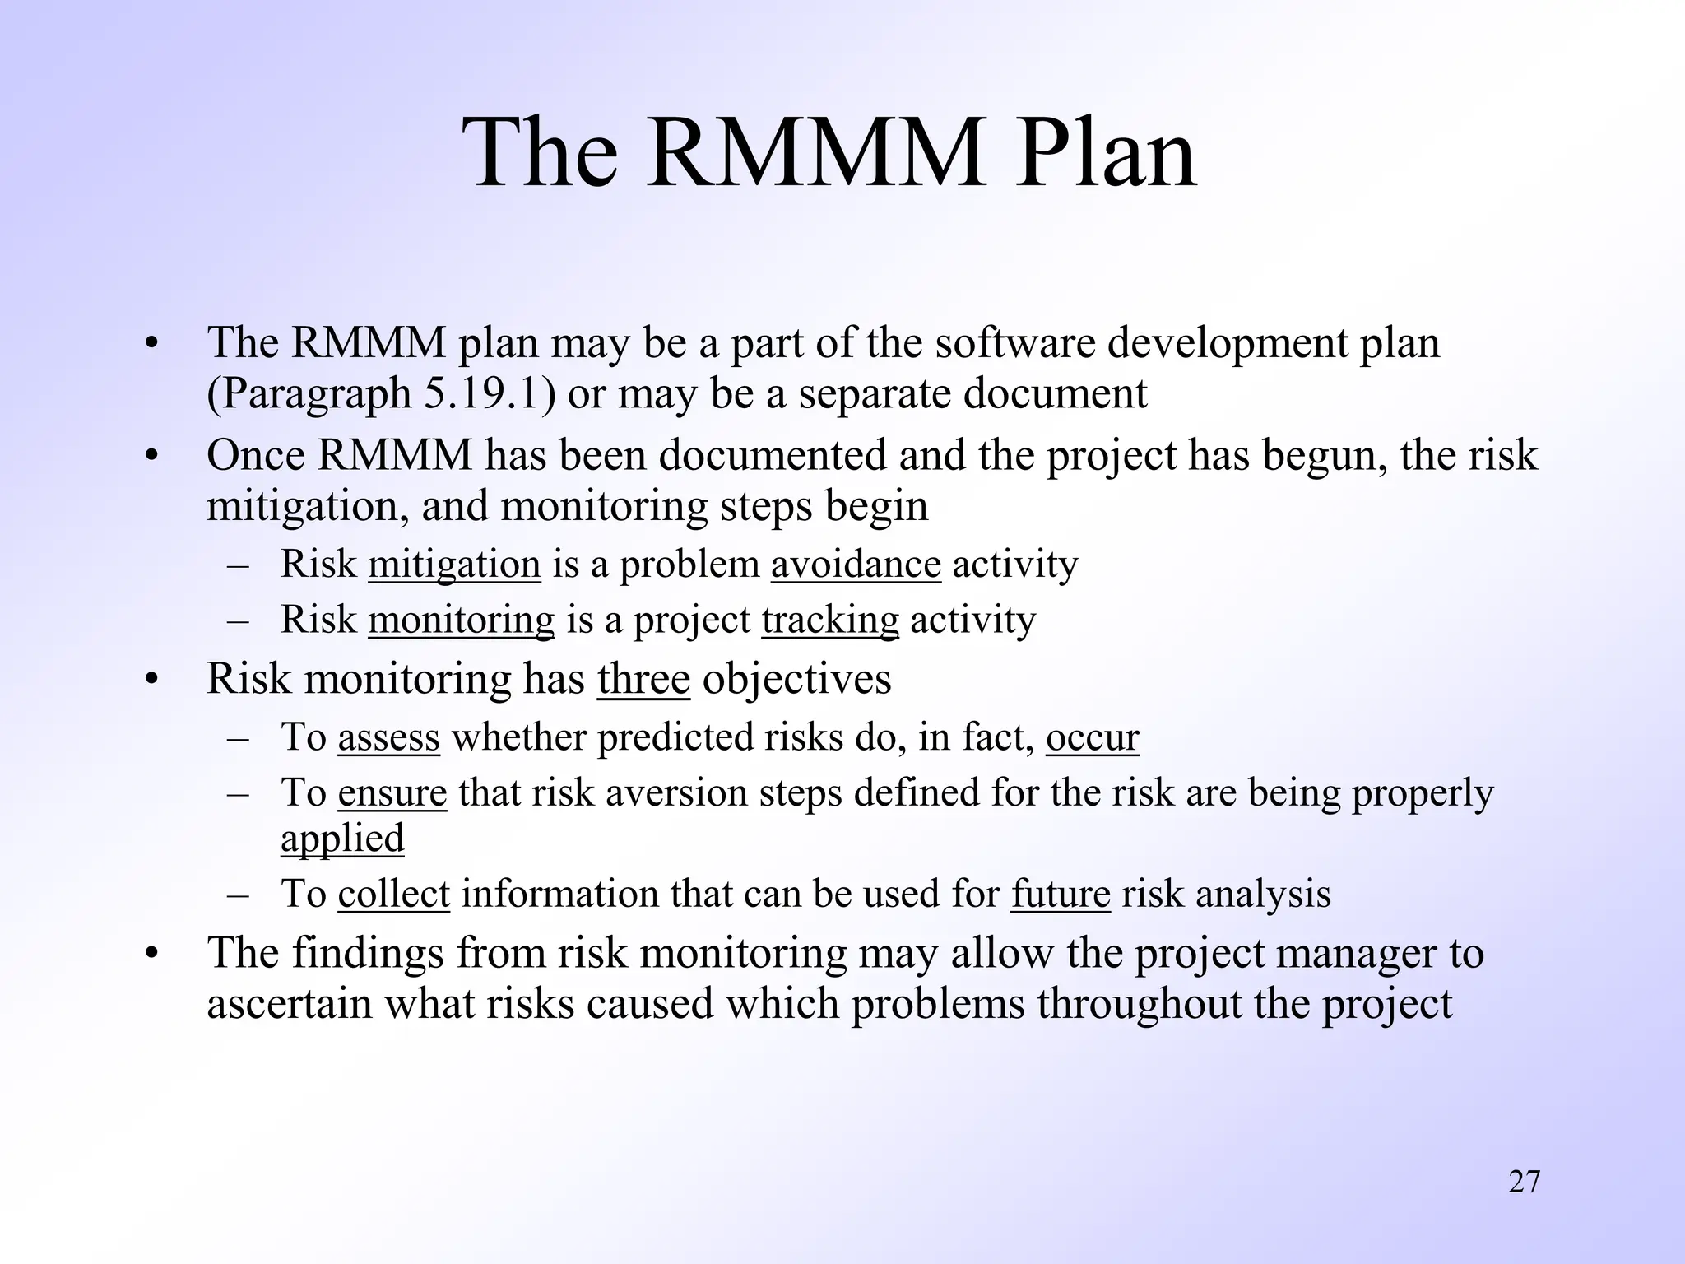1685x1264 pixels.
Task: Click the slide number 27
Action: point(1524,1182)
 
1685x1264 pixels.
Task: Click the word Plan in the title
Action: point(1104,154)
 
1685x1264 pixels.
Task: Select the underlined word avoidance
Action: point(856,565)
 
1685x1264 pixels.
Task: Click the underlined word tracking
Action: point(830,620)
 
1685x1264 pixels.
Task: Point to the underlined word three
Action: point(643,680)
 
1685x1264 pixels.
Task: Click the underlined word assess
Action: point(388,737)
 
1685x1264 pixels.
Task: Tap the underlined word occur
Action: point(1092,737)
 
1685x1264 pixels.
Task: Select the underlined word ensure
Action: point(392,793)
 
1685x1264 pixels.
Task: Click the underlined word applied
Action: point(342,839)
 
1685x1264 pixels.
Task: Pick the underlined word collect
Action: point(393,895)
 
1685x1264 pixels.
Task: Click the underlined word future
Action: point(1061,895)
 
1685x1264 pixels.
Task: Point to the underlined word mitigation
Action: point(454,565)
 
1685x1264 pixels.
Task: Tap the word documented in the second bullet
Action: point(773,455)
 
